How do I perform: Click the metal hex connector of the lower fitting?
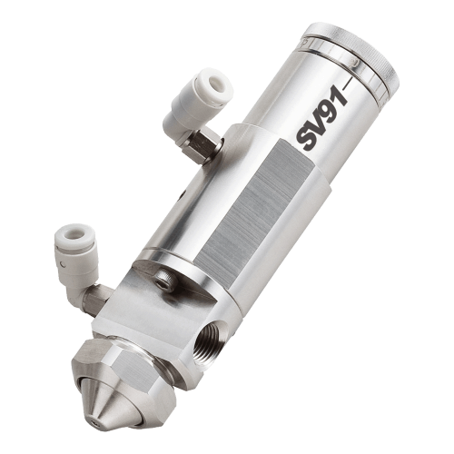95,300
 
